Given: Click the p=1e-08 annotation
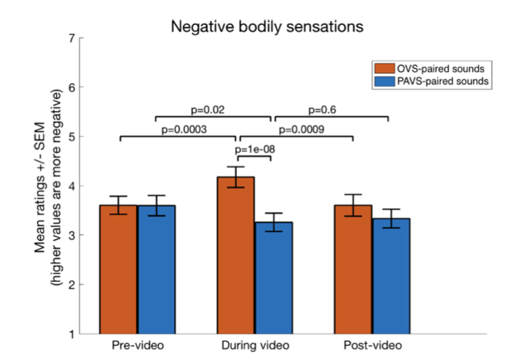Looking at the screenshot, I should pos(254,149).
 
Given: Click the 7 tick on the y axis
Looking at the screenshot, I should pos(73,39).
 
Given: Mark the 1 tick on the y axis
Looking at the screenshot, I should pos(73,334).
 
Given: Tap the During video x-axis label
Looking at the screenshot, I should pos(255,346).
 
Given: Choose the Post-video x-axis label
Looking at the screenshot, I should pos(372,346).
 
